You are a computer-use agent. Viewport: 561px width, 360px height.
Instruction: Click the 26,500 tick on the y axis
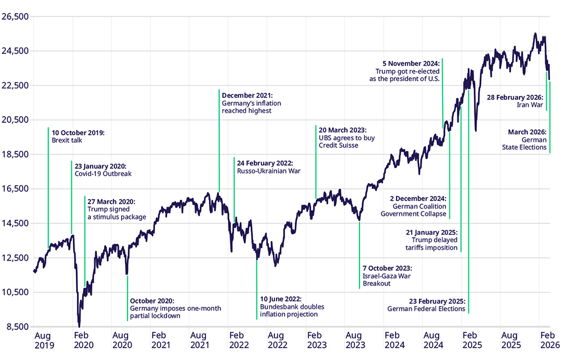[x=15, y=16]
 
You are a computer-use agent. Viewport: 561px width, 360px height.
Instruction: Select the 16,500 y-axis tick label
[x=15, y=188]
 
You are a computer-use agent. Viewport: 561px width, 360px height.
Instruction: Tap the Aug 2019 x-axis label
[x=43, y=340]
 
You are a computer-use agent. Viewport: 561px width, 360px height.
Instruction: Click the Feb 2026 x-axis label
[x=549, y=340]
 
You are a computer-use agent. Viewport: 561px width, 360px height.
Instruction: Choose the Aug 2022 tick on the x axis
[x=276, y=340]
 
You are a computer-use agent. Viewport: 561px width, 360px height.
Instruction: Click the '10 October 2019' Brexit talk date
[x=78, y=133]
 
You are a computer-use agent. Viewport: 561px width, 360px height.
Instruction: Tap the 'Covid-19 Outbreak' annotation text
[x=103, y=174]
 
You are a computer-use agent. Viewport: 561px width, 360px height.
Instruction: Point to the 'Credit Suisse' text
[x=339, y=145]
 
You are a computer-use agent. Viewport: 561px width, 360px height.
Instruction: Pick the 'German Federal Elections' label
[x=426, y=308]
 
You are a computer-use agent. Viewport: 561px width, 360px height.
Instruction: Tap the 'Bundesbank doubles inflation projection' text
[x=289, y=310]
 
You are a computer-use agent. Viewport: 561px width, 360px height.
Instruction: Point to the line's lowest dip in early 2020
[x=79, y=325]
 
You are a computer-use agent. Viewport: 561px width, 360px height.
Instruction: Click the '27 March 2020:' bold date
[x=111, y=202]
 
